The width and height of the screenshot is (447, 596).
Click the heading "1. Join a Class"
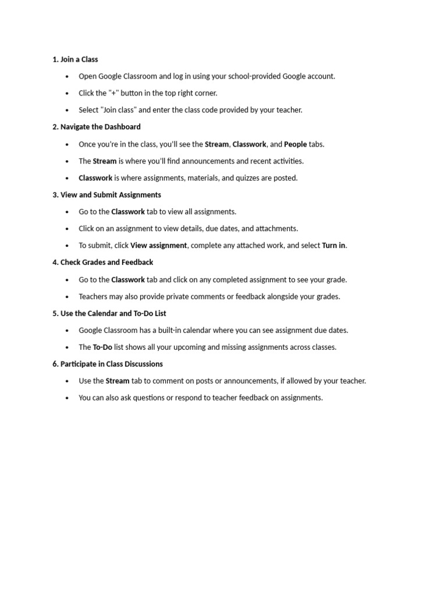tap(75, 59)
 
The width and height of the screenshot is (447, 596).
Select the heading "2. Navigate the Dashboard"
tap(97, 127)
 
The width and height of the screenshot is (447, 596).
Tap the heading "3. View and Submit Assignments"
tap(107, 195)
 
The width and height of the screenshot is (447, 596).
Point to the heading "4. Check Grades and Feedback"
tap(102, 262)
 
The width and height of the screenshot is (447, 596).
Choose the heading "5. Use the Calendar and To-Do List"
tap(109, 314)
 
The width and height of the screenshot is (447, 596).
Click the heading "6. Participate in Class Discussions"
tap(108, 364)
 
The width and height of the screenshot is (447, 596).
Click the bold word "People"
tap(295, 144)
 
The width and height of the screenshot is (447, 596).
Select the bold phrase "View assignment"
tap(158, 246)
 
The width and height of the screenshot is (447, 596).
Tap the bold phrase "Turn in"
tap(334, 246)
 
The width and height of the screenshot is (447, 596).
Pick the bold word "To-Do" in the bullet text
tap(102, 347)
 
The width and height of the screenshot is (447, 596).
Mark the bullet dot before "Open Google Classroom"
tap(68, 77)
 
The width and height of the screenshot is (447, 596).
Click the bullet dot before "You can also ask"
tap(68, 399)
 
